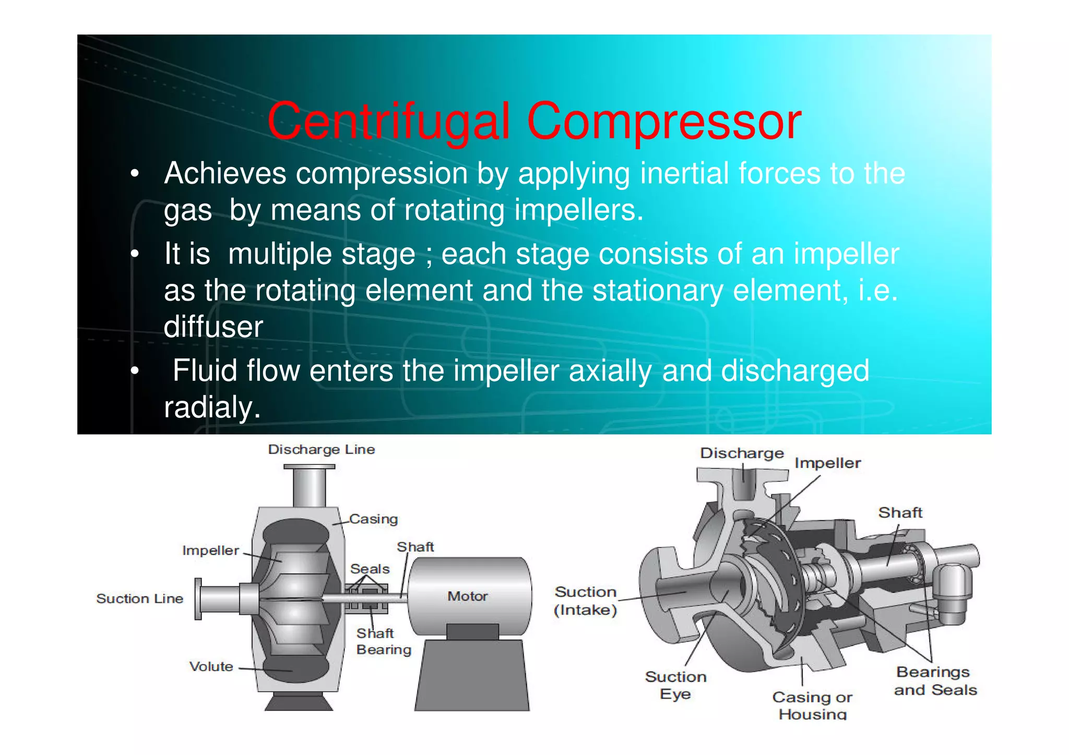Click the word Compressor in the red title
663,122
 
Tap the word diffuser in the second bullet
213,327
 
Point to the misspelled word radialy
212,407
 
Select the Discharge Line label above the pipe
321,450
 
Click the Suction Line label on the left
139,598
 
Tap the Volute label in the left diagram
211,666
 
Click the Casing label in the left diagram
373,519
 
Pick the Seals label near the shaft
370,569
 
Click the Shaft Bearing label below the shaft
383,641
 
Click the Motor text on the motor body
467,596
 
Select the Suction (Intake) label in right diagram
585,601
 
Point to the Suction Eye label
675,685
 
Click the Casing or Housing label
812,705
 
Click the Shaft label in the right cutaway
900,512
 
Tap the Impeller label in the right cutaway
827,463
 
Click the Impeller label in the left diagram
210,550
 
